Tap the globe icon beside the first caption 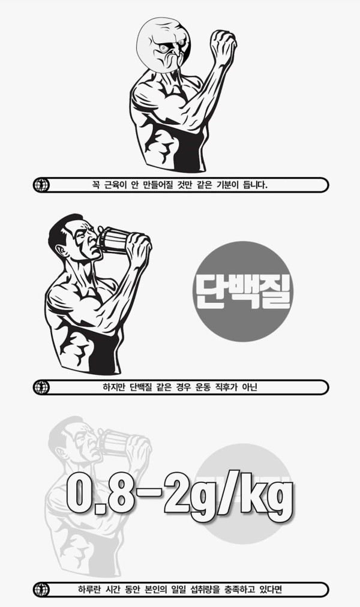pyautogui.click(x=41, y=185)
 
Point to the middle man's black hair pyautogui.click(x=61, y=231)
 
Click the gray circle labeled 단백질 pyautogui.click(x=242, y=292)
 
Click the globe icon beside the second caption pyautogui.click(x=41, y=387)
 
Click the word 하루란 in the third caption pyautogui.click(x=91, y=590)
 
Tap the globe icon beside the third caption pyautogui.click(x=41, y=590)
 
